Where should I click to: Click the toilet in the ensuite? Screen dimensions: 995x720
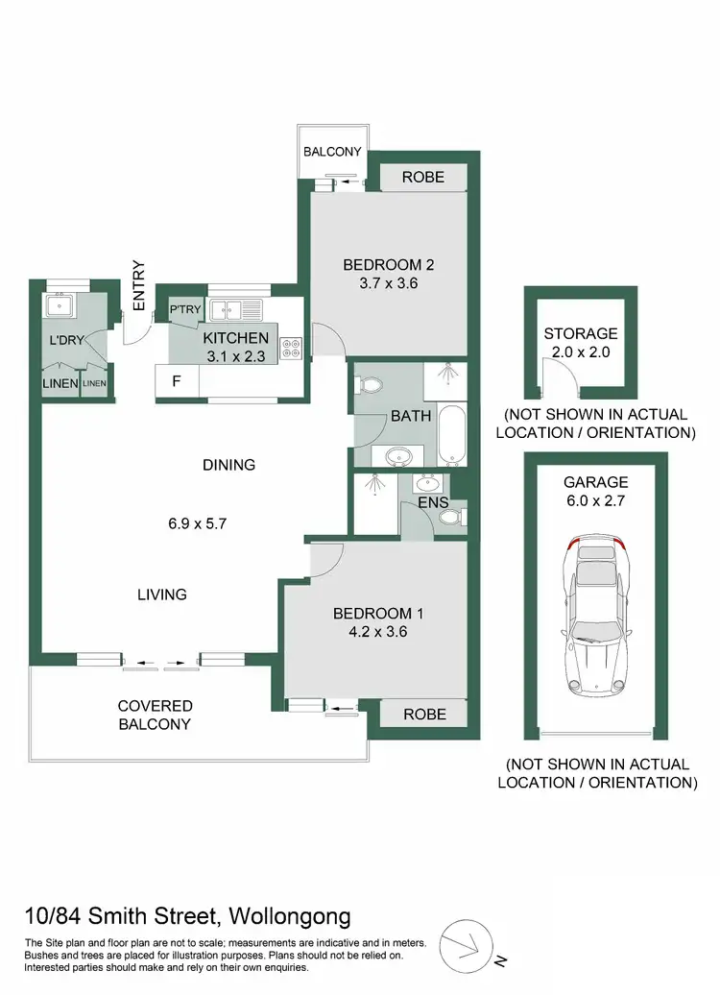pyautogui.click(x=448, y=517)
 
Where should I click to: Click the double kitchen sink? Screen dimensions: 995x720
pyautogui.click(x=236, y=309)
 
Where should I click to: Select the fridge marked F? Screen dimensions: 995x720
pyautogui.click(x=177, y=380)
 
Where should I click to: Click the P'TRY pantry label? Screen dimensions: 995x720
pyautogui.click(x=183, y=310)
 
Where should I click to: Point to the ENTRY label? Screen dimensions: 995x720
pyautogui.click(x=138, y=285)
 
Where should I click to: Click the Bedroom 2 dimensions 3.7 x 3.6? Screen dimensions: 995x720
pyautogui.click(x=383, y=283)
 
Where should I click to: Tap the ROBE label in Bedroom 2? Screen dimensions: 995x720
pyautogui.click(x=423, y=177)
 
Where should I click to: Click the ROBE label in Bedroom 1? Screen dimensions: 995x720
pyautogui.click(x=423, y=714)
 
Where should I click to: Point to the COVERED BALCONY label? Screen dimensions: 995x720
pyautogui.click(x=156, y=715)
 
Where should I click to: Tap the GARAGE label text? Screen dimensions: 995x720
pyautogui.click(x=596, y=482)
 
